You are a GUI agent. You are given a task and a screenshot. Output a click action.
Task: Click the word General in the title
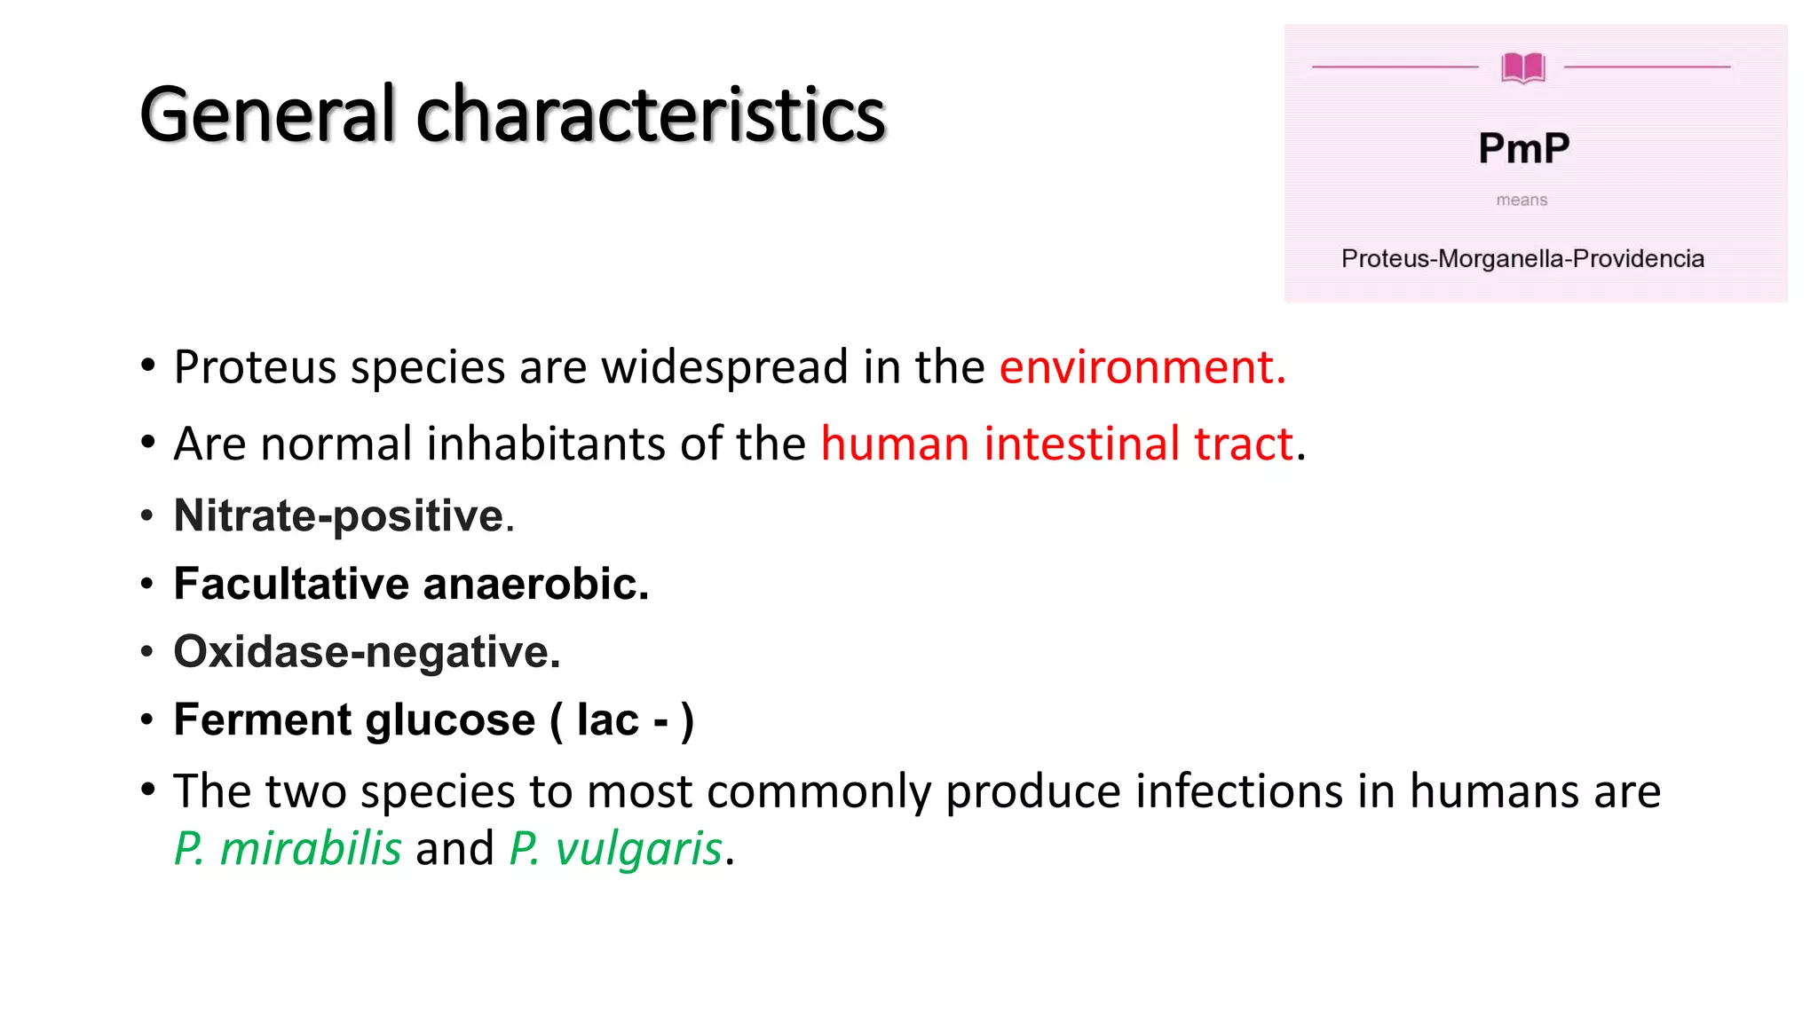[x=266, y=115]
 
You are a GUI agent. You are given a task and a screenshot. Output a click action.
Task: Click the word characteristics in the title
[x=651, y=115]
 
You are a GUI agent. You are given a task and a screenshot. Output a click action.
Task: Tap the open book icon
[x=1523, y=67]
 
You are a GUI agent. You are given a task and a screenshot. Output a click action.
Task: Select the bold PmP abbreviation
[x=1523, y=148]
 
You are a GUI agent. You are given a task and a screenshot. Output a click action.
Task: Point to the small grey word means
[x=1522, y=200]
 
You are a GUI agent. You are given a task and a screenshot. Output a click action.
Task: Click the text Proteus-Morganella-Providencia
[x=1522, y=259]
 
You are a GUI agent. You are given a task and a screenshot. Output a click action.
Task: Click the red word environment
[x=1142, y=367]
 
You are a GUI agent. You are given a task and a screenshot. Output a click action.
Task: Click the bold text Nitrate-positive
[x=339, y=516]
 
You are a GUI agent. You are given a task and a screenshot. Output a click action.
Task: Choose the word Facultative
[x=291, y=585]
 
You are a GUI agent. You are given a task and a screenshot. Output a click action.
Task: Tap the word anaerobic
[x=535, y=585]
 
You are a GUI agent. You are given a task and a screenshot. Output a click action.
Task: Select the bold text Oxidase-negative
[x=367, y=653]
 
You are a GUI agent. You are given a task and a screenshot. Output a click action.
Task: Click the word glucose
[x=450, y=720]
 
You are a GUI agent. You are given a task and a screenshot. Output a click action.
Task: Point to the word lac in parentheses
[x=608, y=720]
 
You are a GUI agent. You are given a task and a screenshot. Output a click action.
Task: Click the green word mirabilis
[x=310, y=849]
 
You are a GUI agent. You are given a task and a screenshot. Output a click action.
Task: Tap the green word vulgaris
[x=638, y=849]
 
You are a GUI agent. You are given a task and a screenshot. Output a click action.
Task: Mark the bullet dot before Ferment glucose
[x=147, y=719]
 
